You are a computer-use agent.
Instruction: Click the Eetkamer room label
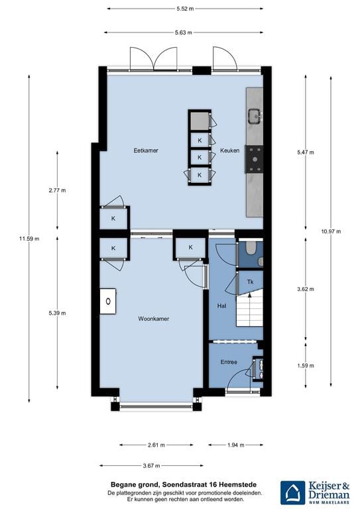point(145,150)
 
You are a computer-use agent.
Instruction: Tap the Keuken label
point(229,150)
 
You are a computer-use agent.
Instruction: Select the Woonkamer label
point(154,319)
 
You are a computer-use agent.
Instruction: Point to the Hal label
point(221,306)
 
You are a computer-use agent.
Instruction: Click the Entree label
point(229,362)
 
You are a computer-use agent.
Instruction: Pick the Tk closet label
point(250,282)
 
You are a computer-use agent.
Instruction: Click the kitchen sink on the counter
point(255,117)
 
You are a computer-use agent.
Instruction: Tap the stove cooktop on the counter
point(254,159)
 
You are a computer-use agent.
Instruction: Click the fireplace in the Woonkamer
point(107,302)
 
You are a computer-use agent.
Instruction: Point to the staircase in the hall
point(250,313)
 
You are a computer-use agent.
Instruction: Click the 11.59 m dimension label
point(29,239)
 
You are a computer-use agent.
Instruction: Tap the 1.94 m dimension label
point(235,445)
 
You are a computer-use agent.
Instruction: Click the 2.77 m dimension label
point(57,190)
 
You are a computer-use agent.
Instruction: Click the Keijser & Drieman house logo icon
point(292,492)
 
